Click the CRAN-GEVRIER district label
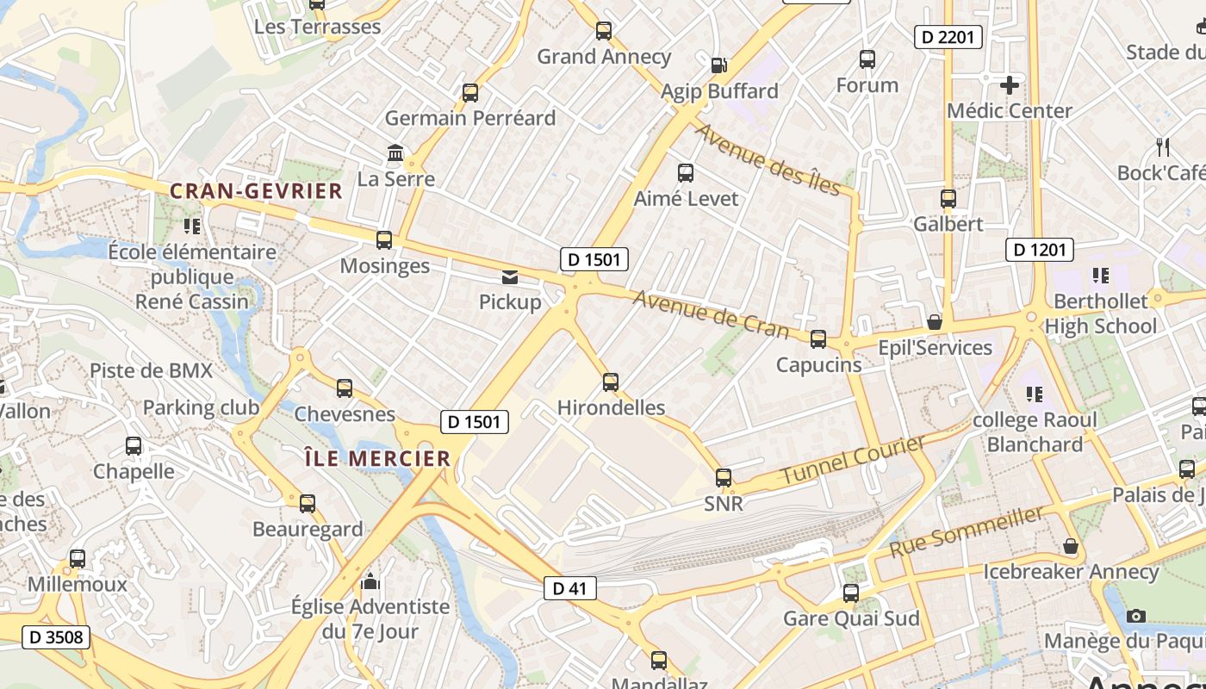coord(256,190)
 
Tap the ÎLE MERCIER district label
coord(377,458)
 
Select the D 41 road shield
coord(569,589)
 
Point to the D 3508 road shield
coord(56,637)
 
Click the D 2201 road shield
coord(948,36)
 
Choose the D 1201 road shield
coord(1040,250)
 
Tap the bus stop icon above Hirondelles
coord(611,382)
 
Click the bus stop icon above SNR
coord(724,478)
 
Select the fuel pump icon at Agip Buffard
coord(718,65)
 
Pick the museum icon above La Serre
coord(395,153)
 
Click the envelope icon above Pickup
coord(510,276)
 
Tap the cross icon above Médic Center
coord(1009,85)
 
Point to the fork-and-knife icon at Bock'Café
coord(1163,147)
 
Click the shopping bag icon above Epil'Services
coord(934,322)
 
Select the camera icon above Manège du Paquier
coord(1136,616)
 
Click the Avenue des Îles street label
coord(767,159)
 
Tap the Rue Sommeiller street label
coord(967,531)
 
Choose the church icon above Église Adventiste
coord(370,581)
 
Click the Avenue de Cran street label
coord(711,314)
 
